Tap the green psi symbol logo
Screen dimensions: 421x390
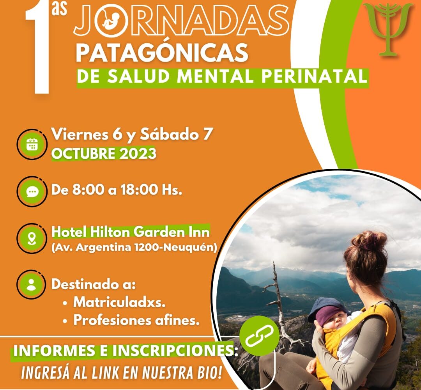[388, 28]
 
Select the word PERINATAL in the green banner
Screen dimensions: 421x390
[314, 76]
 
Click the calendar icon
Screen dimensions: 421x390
[32, 145]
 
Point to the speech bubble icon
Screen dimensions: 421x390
[32, 191]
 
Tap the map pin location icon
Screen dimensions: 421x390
[32, 238]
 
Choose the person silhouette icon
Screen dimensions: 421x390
[32, 285]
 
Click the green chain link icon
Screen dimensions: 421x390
[259, 335]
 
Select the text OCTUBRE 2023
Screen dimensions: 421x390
[104, 154]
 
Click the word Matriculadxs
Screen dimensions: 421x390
[120, 302]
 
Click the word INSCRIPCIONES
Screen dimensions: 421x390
[173, 351]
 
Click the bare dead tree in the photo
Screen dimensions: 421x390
[279, 303]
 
